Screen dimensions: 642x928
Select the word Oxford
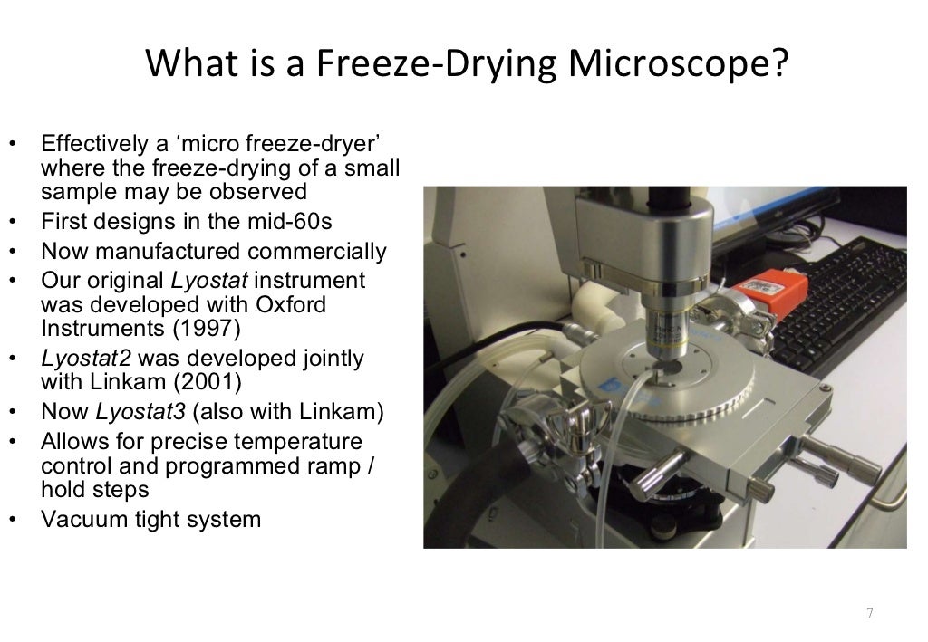click(x=285, y=304)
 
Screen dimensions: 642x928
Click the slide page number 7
click(x=869, y=613)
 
